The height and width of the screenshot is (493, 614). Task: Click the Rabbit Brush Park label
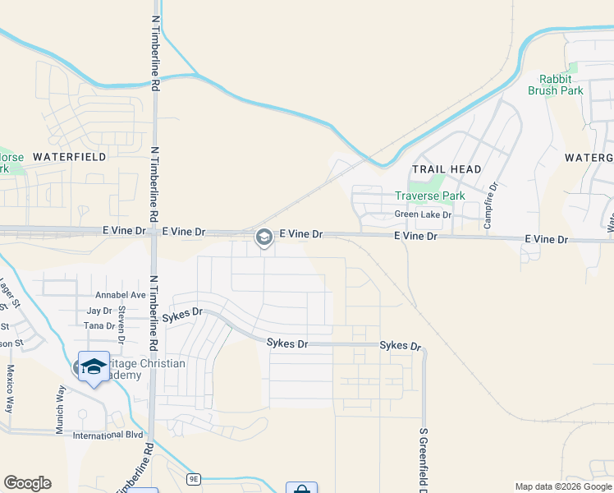tap(561, 85)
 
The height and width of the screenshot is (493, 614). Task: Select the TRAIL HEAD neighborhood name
tap(447, 169)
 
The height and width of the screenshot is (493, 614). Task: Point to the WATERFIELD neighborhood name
tap(70, 156)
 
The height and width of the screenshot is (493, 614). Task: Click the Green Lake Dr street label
tap(423, 215)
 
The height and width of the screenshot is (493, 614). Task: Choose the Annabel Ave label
tap(120, 295)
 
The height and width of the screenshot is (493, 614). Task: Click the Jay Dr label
tap(99, 311)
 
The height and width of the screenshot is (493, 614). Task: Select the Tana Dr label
tap(99, 326)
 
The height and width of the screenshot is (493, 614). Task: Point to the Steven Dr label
tap(121, 324)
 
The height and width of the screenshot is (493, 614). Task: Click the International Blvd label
tap(108, 435)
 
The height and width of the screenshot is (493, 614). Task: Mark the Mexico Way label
tap(11, 389)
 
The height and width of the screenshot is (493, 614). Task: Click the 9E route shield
tap(194, 478)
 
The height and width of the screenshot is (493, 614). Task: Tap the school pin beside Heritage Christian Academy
tap(94, 367)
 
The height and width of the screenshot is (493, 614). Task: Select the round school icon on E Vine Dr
tap(263, 237)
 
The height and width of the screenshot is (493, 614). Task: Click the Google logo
tap(27, 483)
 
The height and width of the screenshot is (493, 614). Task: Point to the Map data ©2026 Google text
tap(563, 486)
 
